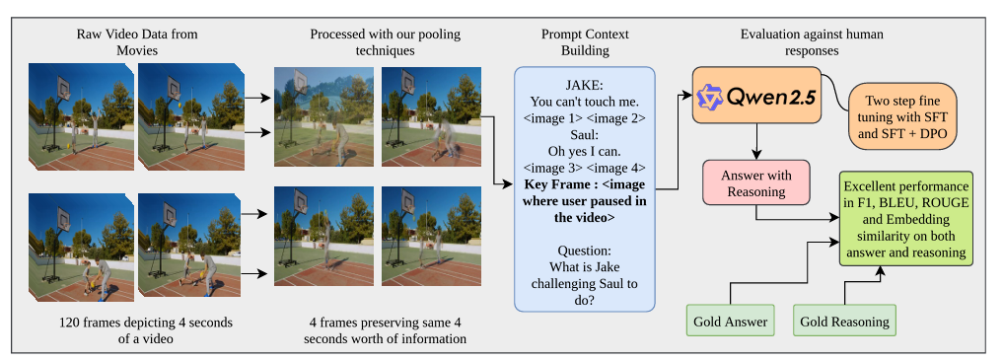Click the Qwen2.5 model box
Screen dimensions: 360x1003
tap(755, 96)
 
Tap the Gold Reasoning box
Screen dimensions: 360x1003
tap(844, 321)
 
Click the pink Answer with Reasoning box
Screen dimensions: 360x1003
tap(755, 184)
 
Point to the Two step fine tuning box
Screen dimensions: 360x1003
tap(904, 116)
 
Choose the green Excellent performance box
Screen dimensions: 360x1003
tap(905, 220)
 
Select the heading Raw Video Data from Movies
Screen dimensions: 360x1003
tap(137, 41)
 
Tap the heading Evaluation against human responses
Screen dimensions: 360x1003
tap(812, 41)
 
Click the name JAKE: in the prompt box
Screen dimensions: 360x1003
tap(586, 84)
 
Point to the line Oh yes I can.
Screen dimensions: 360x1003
tap(586, 150)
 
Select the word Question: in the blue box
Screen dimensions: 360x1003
tap(586, 251)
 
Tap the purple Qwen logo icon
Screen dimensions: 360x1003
tap(711, 96)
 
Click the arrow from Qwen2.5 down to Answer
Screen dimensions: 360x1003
tap(755, 143)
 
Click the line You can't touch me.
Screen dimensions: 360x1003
tap(586, 101)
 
